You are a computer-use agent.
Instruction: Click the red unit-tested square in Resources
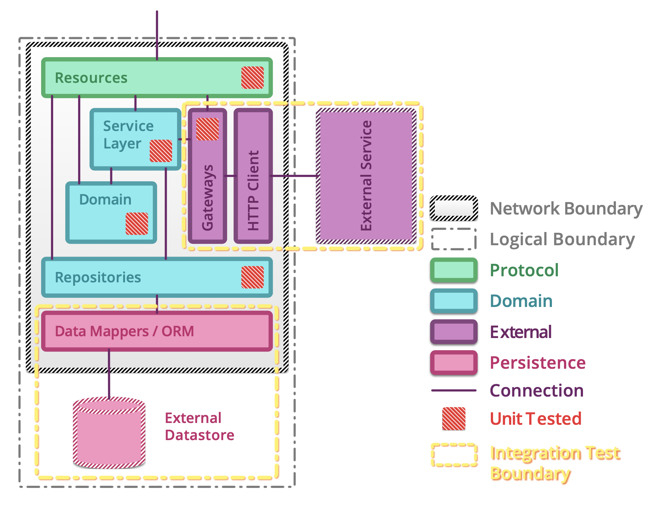click(252, 77)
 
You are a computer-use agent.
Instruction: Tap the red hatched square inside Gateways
click(207, 129)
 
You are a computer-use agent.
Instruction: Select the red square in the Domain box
click(137, 223)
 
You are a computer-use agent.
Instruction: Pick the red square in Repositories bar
click(252, 277)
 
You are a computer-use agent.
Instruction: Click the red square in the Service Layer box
click(161, 151)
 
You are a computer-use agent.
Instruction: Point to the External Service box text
click(366, 176)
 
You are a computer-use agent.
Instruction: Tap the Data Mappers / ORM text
click(124, 331)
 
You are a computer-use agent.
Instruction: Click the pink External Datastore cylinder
click(109, 435)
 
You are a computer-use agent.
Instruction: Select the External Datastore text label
click(199, 427)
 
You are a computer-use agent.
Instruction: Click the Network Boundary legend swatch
click(454, 208)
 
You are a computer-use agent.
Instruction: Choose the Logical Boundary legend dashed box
click(454, 239)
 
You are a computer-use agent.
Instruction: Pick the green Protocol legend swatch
click(454, 270)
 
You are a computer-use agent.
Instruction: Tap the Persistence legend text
click(537, 363)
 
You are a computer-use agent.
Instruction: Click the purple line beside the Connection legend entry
click(454, 390)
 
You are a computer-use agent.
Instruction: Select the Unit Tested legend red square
click(454, 418)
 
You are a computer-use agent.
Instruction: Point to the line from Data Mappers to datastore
click(109, 373)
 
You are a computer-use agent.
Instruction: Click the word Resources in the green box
click(91, 78)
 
